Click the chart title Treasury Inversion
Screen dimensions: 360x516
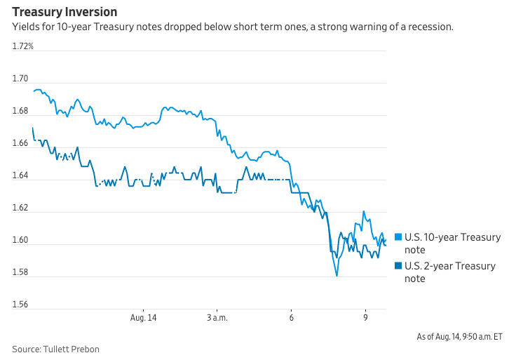tap(64, 12)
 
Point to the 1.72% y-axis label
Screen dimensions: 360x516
tap(23, 46)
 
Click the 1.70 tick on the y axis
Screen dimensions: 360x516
tap(21, 79)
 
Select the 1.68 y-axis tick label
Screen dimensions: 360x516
tap(21, 111)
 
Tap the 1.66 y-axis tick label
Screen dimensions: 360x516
tap(21, 143)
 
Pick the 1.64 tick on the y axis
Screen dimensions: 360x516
tap(21, 175)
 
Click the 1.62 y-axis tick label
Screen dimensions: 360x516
tap(21, 208)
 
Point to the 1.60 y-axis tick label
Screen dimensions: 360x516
tap(21, 240)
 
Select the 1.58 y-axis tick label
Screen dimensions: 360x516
tap(21, 272)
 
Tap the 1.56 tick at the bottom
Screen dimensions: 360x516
tap(21, 305)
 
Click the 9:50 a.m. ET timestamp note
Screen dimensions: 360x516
tap(460, 336)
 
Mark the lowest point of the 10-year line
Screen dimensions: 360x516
tap(337, 276)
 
